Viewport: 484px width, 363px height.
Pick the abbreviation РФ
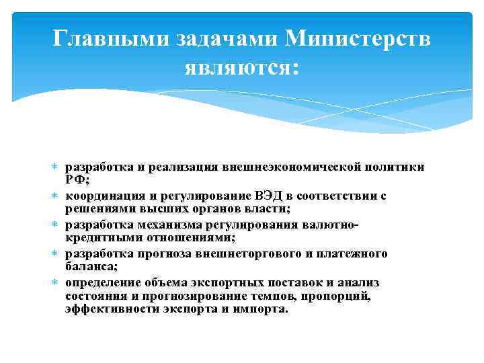coord(77,180)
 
